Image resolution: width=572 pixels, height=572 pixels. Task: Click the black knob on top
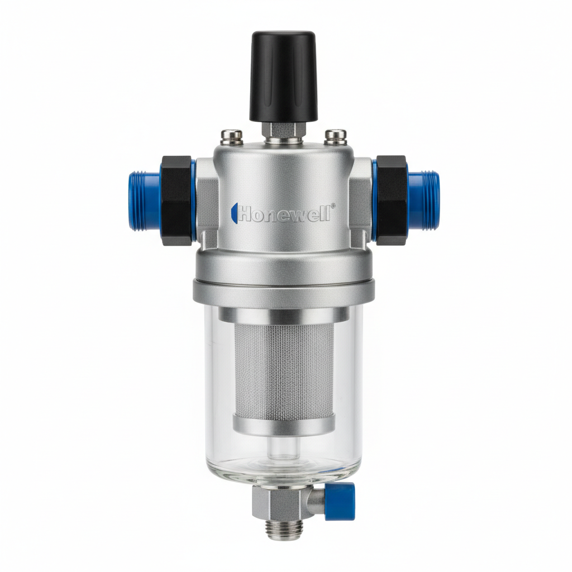[283, 75]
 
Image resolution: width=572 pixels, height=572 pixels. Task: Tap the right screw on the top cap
[335, 135]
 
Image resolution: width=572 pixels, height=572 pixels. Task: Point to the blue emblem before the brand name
[234, 213]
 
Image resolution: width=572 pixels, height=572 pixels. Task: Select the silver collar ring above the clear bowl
[284, 292]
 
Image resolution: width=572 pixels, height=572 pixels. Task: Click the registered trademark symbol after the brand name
[333, 206]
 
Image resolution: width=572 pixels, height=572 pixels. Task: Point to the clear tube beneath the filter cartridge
[284, 447]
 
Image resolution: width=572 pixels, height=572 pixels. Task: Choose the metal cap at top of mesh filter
[284, 316]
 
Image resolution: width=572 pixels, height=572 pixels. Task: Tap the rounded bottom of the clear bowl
[284, 472]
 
